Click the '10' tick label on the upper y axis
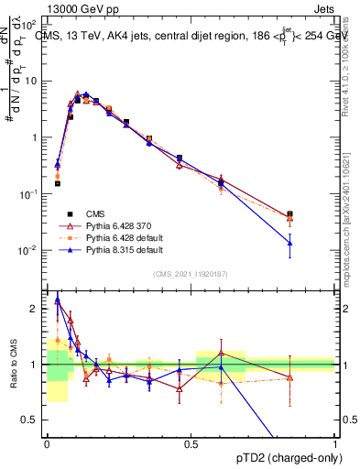pos(31,81)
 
